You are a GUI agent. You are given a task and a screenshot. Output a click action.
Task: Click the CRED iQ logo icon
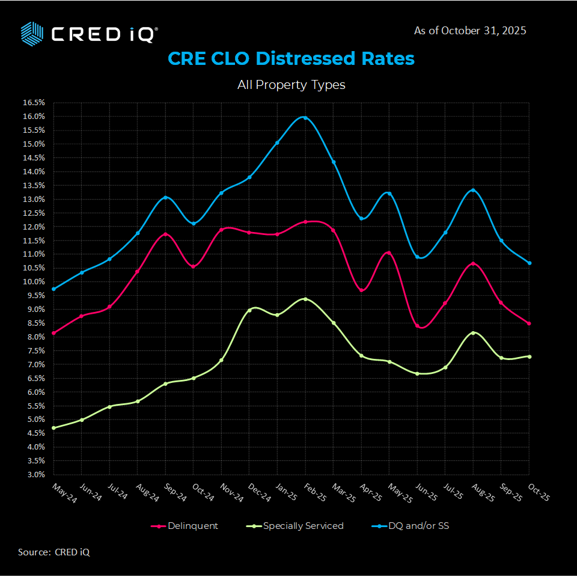tap(32, 33)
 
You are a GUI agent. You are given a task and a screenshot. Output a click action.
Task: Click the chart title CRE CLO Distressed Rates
tap(291, 59)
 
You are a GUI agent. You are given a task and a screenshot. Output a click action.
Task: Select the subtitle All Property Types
tap(291, 85)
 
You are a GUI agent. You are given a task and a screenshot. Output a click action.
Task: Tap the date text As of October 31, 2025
tap(470, 31)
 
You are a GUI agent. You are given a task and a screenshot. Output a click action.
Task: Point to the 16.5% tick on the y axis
tap(34, 102)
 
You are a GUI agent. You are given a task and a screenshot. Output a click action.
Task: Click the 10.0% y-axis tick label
tap(34, 282)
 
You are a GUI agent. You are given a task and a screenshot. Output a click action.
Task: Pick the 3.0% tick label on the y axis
tap(34, 475)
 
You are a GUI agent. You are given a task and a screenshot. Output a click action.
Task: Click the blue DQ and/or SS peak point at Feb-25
tap(305, 118)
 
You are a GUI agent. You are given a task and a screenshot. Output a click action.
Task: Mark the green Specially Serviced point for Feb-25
tap(305, 299)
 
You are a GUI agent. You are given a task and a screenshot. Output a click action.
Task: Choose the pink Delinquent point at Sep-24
tap(165, 234)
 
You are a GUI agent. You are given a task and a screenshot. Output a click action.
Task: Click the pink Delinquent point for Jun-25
tap(417, 326)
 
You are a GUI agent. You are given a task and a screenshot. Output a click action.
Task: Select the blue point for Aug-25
tap(473, 191)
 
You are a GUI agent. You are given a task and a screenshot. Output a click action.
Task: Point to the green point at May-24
tap(53, 428)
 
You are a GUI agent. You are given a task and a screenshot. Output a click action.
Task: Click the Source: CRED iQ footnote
tap(54, 552)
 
